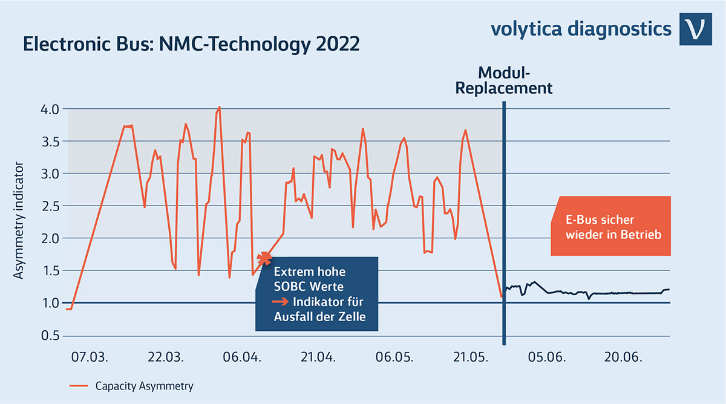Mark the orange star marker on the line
[264, 259]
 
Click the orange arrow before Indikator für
[280, 301]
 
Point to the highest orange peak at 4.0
[219, 108]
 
